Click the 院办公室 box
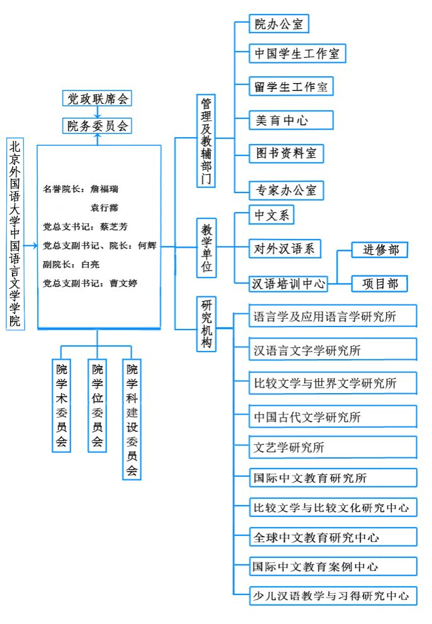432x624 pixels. pos(279,24)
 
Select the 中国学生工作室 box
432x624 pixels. pos(297,53)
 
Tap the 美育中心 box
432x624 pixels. pos(291,120)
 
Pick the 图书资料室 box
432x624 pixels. pos(286,153)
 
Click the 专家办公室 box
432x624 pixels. pos(286,191)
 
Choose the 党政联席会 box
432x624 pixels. pos(97,98)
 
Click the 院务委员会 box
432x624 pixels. pos(97,126)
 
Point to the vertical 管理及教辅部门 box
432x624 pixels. pos(206,141)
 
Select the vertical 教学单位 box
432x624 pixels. pos(207,248)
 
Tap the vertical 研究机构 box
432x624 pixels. pos(207,324)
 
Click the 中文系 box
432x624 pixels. pos(271,215)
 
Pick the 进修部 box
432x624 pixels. pos(380,250)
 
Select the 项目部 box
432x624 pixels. pos(380,284)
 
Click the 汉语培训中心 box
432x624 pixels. pos(288,284)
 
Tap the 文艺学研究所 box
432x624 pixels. pos(333,447)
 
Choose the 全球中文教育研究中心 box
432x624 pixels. pos(333,537)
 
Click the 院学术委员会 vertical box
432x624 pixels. pos(61,406)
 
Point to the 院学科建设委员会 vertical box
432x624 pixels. pos(132,420)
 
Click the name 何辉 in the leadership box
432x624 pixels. pos(147,245)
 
